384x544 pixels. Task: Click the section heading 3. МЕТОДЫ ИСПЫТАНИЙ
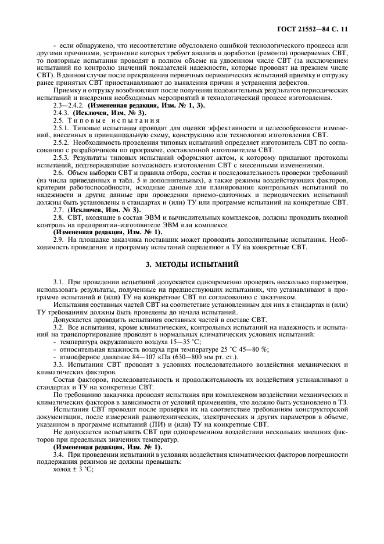point(191,264)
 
